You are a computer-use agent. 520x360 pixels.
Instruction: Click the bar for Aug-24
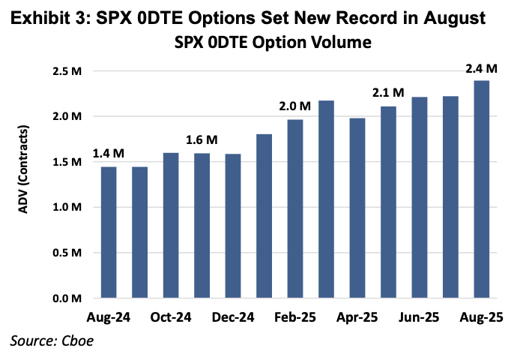108,232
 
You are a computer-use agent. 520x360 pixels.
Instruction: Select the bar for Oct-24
171,226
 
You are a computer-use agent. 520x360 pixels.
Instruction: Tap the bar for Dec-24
233,226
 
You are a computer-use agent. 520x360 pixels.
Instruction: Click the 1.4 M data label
108,154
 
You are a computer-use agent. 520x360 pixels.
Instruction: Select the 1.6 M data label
202,140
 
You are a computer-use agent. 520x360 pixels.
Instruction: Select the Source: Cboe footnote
47,342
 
